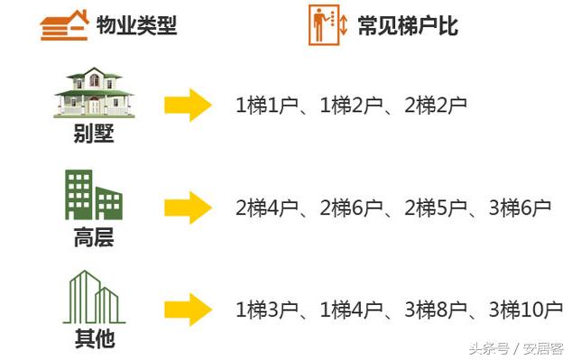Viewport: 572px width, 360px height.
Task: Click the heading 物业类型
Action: (136, 25)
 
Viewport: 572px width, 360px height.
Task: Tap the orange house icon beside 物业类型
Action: (65, 25)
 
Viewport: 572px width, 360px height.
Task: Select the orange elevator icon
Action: (328, 24)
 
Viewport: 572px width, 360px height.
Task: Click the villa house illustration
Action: (93, 91)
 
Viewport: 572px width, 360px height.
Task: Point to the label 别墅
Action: (94, 136)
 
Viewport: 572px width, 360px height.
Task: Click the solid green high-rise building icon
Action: (93, 195)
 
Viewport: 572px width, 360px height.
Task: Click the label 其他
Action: (94, 341)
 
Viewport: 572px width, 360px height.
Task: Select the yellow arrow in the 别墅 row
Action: (188, 106)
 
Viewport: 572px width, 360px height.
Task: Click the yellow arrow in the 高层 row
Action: (188, 208)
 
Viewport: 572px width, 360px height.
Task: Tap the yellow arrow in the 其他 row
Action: (188, 310)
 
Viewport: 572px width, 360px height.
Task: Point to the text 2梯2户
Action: (436, 106)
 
